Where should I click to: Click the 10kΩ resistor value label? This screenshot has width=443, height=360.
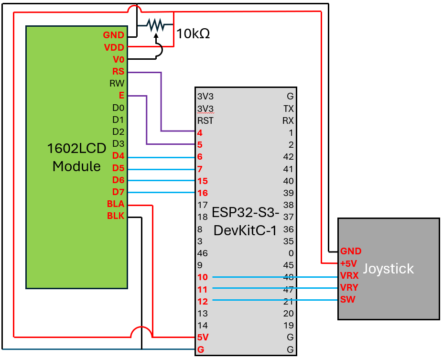pyautogui.click(x=193, y=34)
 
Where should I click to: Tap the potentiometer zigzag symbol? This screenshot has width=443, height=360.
pyautogui.click(x=155, y=23)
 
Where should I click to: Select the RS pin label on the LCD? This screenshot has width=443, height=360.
pyautogui.click(x=118, y=72)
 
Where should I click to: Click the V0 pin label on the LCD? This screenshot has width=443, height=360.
pyautogui.click(x=118, y=60)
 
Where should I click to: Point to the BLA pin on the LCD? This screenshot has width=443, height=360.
pyautogui.click(x=116, y=204)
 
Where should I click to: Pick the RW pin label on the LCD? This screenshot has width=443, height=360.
pyautogui.click(x=117, y=84)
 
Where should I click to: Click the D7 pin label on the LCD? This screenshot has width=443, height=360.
pyautogui.click(x=118, y=192)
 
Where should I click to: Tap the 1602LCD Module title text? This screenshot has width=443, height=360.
pyautogui.click(x=76, y=157)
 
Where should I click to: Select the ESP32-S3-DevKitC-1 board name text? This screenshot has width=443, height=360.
pyautogui.click(x=245, y=221)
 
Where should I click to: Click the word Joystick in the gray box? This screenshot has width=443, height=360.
pyautogui.click(x=388, y=269)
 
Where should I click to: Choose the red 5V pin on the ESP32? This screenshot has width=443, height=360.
pyautogui.click(x=202, y=338)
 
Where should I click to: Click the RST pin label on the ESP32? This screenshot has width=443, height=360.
pyautogui.click(x=205, y=120)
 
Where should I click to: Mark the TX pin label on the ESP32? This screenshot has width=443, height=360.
pyautogui.click(x=288, y=109)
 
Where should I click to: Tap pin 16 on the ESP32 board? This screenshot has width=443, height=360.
pyautogui.click(x=202, y=193)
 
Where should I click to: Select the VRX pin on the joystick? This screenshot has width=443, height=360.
pyautogui.click(x=349, y=276)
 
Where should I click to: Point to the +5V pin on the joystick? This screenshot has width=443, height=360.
pyautogui.click(x=348, y=263)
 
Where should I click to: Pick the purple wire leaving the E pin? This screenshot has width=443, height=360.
pyautogui.click(x=146, y=120)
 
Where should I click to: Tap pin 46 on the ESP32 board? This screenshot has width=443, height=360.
pyautogui.click(x=202, y=253)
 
